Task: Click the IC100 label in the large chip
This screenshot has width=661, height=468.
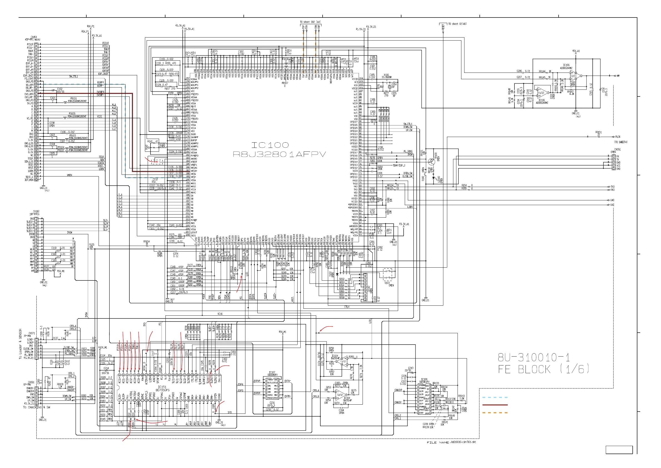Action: (x=270, y=145)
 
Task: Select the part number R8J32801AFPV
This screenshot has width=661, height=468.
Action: (x=279, y=155)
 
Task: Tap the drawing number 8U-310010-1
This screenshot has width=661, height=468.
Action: (x=534, y=358)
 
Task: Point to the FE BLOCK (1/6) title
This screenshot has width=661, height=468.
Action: (x=544, y=369)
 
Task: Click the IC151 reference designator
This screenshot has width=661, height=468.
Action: (x=162, y=387)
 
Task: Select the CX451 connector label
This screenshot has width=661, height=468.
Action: (x=34, y=37)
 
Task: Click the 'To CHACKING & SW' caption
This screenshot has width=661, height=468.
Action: (x=37, y=407)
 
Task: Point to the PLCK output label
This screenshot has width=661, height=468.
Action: (x=618, y=137)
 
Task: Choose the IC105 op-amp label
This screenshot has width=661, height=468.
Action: (x=566, y=65)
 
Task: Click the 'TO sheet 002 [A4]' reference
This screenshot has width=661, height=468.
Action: (x=310, y=22)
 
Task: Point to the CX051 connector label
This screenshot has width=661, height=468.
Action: (x=617, y=150)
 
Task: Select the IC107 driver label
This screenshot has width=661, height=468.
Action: (x=272, y=372)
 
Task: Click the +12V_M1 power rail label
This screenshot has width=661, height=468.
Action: (x=103, y=348)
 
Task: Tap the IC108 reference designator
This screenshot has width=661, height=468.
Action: (x=424, y=380)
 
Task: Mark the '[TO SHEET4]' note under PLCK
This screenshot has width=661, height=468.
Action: (x=621, y=142)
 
